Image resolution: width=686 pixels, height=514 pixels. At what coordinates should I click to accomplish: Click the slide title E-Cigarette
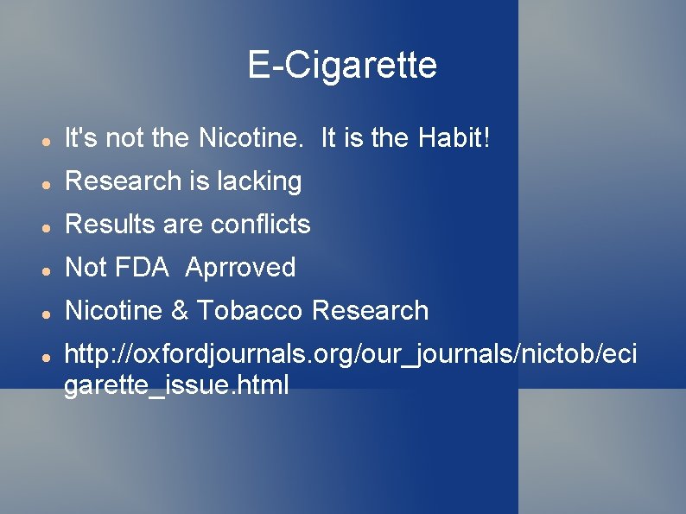pos(342,65)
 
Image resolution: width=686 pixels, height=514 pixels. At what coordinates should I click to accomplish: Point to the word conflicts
pos(260,225)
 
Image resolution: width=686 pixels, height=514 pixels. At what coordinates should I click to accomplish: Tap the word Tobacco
pos(251,311)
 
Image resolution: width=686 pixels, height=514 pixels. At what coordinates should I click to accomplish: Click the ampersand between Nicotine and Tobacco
pos(180,311)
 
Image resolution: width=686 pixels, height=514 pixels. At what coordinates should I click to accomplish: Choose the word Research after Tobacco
pos(371,311)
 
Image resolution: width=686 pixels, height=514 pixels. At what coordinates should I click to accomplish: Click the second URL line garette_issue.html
pos(176,385)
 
